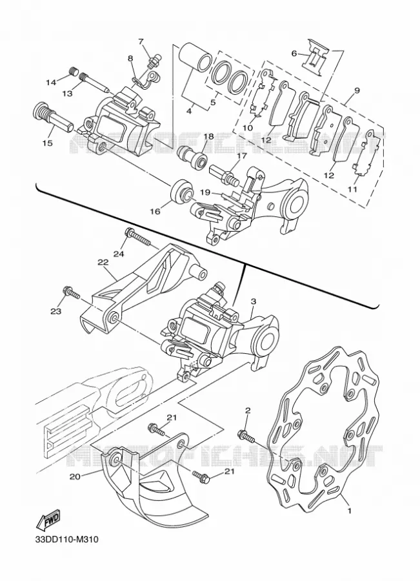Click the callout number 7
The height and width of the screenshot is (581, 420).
pos(141,41)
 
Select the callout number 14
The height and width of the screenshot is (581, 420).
pos(52,82)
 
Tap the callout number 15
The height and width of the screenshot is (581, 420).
pos(48,143)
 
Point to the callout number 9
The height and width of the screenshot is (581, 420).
pos(357,90)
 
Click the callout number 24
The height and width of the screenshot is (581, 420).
pos(119,254)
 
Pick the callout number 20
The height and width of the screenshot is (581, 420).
pos(75,476)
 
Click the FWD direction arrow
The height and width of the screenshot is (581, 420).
pos(48,522)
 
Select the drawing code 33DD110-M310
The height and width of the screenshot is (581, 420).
pos(66,549)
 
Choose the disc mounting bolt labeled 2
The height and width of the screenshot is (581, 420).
pos(246,436)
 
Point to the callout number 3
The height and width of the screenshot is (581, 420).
pos(254,301)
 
